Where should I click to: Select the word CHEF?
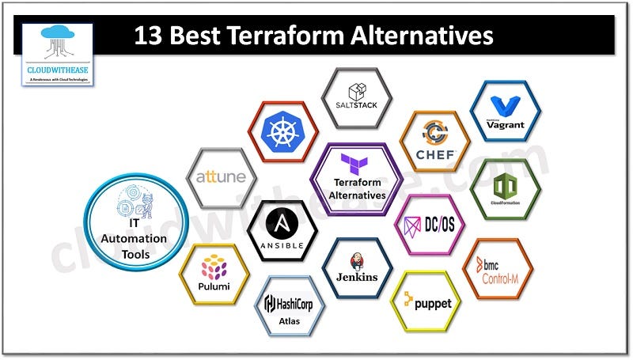pos(435,155)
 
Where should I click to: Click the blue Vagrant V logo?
pos(504,106)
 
